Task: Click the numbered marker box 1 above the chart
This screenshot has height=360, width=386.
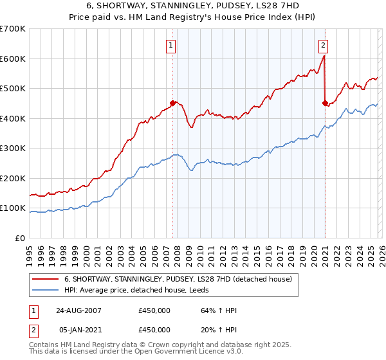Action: [172, 45]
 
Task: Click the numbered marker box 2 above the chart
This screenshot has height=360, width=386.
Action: [323, 45]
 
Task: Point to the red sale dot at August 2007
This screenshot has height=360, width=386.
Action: [172, 103]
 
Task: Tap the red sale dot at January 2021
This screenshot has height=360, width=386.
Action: [325, 103]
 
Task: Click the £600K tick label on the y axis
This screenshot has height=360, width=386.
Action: [13, 59]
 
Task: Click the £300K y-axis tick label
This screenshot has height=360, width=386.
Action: [13, 148]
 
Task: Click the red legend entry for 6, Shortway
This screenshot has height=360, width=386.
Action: [178, 279]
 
